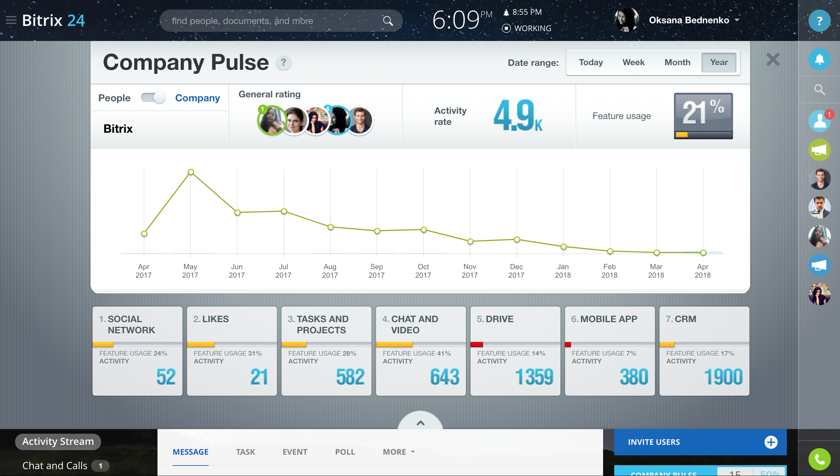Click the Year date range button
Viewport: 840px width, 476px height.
tap(719, 62)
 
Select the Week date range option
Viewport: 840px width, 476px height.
tap(633, 62)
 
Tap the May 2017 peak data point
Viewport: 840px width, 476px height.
tap(191, 172)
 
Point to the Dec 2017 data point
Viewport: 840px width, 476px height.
tap(517, 240)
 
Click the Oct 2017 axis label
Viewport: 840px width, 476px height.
tap(423, 271)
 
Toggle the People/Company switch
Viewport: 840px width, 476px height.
tap(153, 98)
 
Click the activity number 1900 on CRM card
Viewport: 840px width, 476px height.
tap(723, 377)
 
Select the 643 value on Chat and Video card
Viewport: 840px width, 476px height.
tap(445, 377)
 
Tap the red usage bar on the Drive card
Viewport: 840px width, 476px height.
tap(476, 345)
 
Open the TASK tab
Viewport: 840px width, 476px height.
tap(245, 452)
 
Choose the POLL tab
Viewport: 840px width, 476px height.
tap(345, 452)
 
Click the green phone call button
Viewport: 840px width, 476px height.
tap(819, 459)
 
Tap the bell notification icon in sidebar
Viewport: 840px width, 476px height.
tap(819, 59)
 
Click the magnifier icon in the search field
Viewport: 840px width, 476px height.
tap(388, 21)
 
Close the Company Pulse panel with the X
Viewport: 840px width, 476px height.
tap(773, 60)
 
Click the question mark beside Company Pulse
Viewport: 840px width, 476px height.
tap(283, 62)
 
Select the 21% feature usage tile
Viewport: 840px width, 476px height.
tap(703, 116)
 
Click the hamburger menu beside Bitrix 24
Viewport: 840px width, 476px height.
tap(11, 20)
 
